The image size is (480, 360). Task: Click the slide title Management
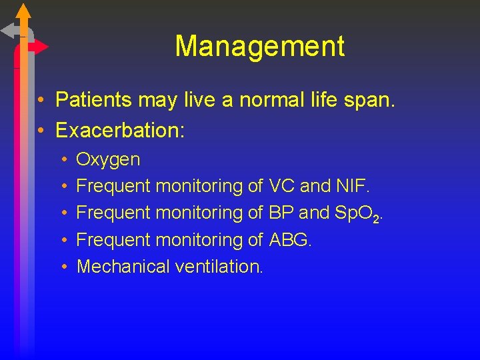click(259, 46)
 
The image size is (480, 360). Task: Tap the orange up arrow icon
click(23, 11)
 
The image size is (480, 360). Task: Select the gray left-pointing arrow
click(10, 31)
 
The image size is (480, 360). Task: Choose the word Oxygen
click(109, 160)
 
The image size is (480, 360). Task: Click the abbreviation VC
click(281, 186)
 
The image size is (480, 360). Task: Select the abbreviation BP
click(281, 213)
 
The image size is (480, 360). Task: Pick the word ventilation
click(219, 266)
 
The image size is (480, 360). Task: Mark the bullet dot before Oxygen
click(62, 160)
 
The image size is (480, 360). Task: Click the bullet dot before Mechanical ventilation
click(62, 267)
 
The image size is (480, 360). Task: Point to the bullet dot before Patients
click(41, 101)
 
